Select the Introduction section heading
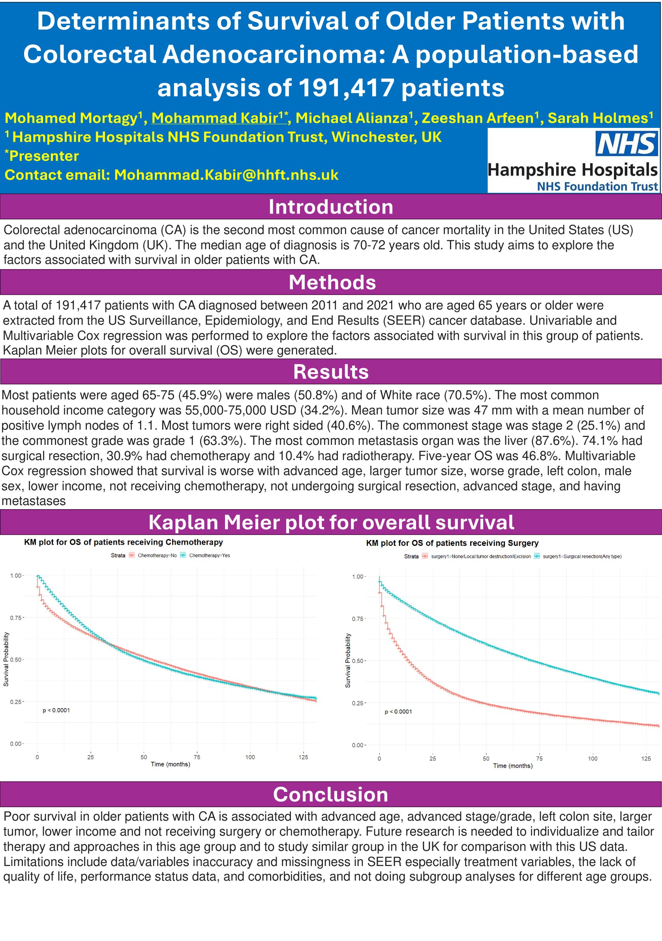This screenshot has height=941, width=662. pos(331,207)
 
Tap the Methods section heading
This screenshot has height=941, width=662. pos(332,282)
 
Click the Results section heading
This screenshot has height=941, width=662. pos(331,372)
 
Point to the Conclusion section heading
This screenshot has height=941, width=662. pos(330,794)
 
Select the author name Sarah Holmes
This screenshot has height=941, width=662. pos(598,118)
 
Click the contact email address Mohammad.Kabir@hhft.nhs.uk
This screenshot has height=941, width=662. pos(226,175)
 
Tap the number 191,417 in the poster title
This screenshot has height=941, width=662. pos(346,88)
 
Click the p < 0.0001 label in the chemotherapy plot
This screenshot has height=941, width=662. pos(56,710)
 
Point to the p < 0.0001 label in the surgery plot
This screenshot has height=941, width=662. pos(398,712)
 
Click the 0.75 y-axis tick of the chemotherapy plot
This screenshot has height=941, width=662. pos(17,618)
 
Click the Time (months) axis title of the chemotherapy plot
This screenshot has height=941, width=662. pos(170,764)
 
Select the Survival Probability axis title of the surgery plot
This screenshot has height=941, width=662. pos(348,660)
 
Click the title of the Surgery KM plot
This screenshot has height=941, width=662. pos(452,543)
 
